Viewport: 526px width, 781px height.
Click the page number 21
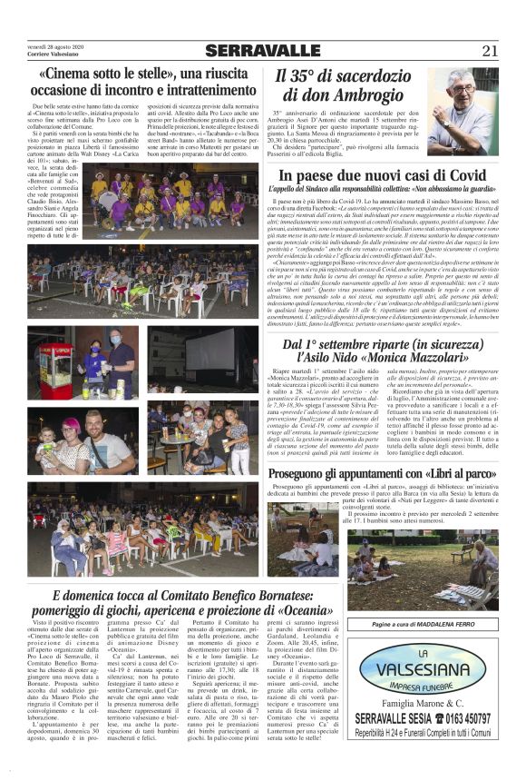pos(489,51)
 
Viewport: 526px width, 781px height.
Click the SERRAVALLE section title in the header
pos(262,51)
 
